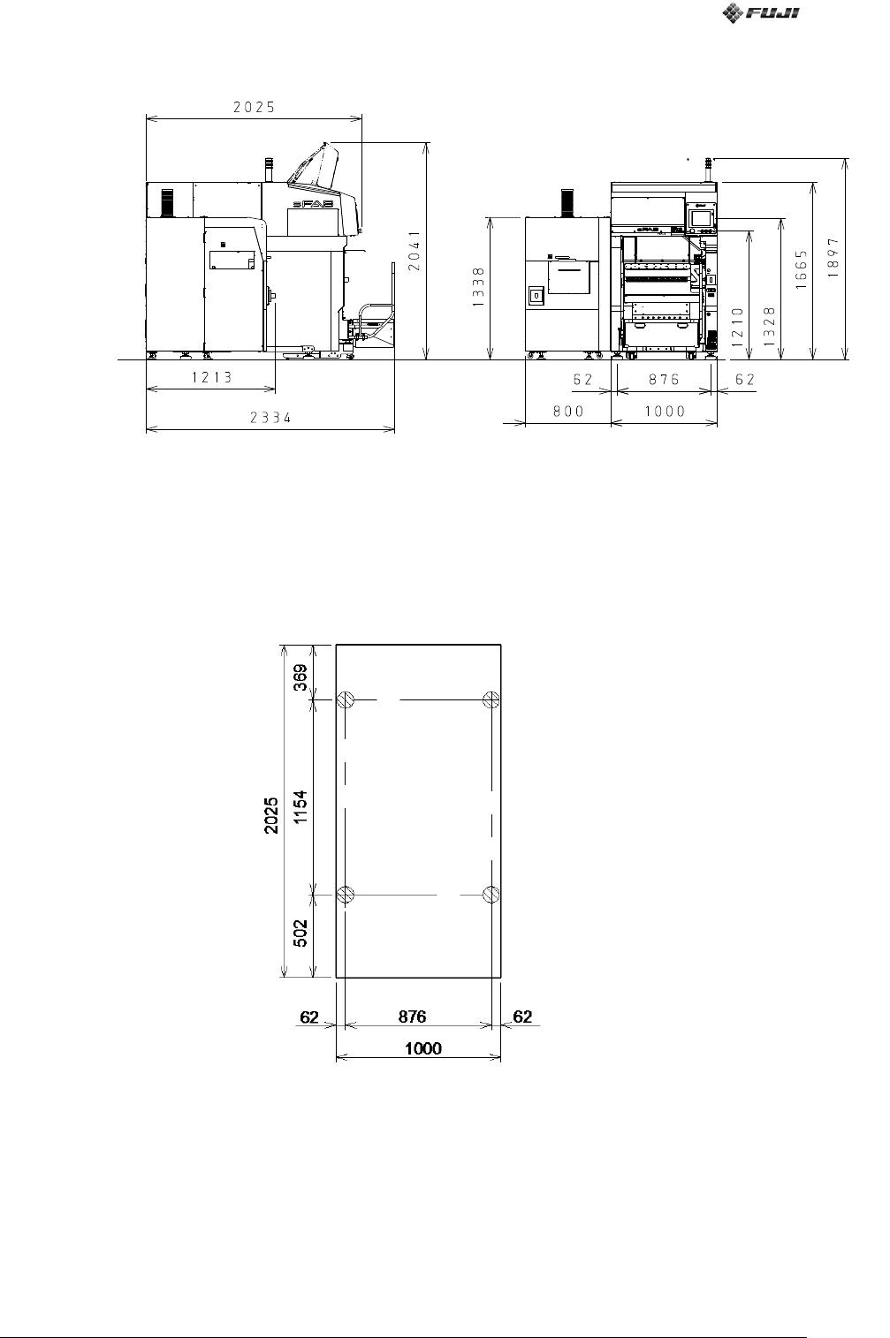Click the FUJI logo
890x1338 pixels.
coord(760,12)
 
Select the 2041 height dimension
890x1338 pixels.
coord(415,251)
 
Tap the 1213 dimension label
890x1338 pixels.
coord(211,377)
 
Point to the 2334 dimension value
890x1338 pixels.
coord(270,418)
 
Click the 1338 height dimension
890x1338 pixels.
coord(479,287)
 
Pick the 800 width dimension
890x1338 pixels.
coord(567,411)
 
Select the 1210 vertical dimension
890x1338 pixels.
coord(737,327)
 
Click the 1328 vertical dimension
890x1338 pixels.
coord(770,326)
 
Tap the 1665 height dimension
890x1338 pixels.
coord(803,270)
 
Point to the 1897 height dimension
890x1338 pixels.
coord(833,258)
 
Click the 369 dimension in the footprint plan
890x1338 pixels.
coord(300,677)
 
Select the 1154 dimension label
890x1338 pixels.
coord(300,807)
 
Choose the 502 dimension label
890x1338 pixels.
coord(300,933)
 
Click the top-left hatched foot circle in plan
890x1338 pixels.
coord(346,699)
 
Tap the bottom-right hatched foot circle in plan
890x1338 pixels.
coord(491,894)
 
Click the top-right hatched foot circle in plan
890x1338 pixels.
coord(491,699)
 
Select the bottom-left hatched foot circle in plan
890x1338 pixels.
coord(346,894)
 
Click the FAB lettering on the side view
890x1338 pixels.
coord(313,204)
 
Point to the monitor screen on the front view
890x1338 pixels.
coord(703,217)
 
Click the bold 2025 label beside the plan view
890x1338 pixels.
coord(271,815)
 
